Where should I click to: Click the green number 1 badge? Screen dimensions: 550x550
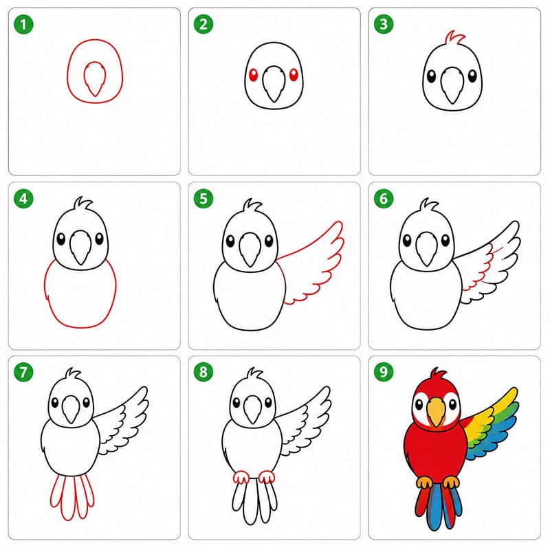tap(23, 25)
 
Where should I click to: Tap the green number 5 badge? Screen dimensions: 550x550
tap(203, 199)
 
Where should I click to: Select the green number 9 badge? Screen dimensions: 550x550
tap(384, 371)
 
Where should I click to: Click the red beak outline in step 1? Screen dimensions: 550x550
tap(94, 79)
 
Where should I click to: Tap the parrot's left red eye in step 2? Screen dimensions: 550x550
tap(253, 75)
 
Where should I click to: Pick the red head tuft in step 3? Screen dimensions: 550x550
tap(455, 38)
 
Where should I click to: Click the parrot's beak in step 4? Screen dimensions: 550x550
tap(80, 247)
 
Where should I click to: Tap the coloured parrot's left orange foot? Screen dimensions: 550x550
tap(424, 483)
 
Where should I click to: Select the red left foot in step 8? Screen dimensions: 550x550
tap(241, 478)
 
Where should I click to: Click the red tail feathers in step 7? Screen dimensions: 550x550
tap(72, 497)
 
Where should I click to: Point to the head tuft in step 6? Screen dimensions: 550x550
tap(429, 205)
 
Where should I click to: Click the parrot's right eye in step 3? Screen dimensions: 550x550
tap(472, 76)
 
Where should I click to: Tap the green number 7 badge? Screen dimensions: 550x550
tap(23, 372)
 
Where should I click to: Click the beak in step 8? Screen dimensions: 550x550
tap(252, 409)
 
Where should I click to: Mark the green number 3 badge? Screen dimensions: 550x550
tap(384, 24)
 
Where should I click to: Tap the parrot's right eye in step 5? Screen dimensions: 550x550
tap(269, 241)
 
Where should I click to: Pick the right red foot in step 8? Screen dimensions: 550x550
tap(267, 477)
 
